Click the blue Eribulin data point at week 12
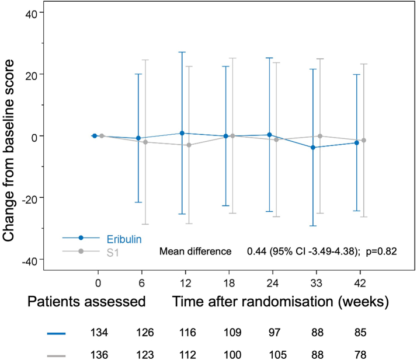tap(182, 133)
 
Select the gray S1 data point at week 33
tap(320, 136)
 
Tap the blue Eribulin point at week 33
tap(313, 148)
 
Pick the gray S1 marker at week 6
tap(145, 142)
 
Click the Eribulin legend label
tap(124, 239)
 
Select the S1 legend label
tap(113, 253)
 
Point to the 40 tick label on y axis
tap(31, 15)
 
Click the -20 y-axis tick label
tap(29, 200)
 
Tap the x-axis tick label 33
tap(316, 283)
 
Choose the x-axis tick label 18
tap(229, 283)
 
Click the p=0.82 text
tap(381, 251)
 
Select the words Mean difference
tap(195, 251)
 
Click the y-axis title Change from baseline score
tap(8, 151)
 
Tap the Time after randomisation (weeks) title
tap(280, 302)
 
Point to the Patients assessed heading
tap(86, 302)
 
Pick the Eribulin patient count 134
tap(99, 333)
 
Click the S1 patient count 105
tap(278, 355)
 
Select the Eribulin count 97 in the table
tap(274, 333)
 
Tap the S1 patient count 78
tap(360, 355)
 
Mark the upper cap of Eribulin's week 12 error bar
tap(182, 52)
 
